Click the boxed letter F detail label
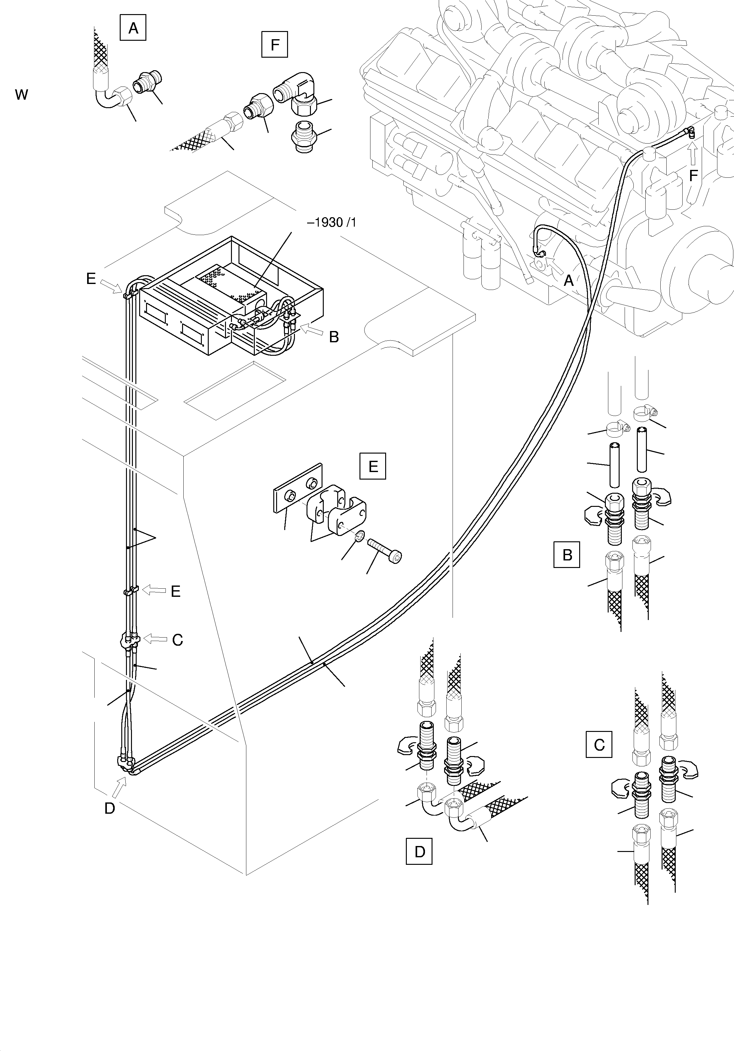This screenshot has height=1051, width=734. (x=275, y=45)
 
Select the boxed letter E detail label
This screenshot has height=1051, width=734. (x=373, y=466)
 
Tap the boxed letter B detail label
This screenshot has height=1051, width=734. (x=567, y=555)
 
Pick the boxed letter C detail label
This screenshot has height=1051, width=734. (x=599, y=745)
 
